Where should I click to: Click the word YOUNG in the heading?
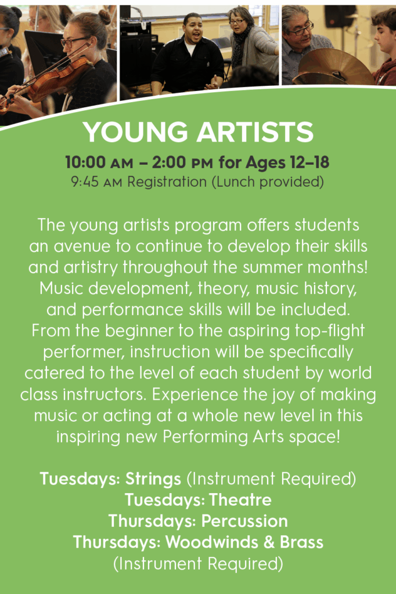pos(135,132)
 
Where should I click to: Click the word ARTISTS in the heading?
pos(255,132)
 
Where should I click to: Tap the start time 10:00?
pos(85,162)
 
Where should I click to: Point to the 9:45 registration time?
pos(85,182)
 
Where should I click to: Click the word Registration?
pos(167,182)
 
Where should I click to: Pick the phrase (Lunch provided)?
pos(268,182)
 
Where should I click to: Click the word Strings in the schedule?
pos(153,479)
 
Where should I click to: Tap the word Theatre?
pos(240,499)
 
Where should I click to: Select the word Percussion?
pos(244,521)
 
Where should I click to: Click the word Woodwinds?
pos(212,542)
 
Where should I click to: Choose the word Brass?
pos(301,542)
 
